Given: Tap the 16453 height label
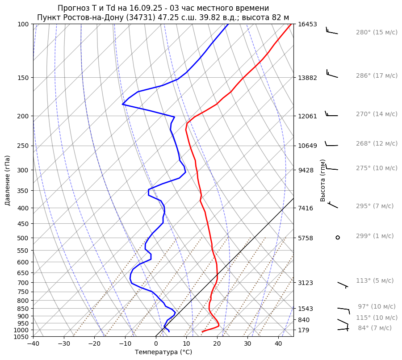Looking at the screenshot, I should (x=307, y=24).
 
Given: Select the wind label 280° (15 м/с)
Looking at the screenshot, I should (x=377, y=32).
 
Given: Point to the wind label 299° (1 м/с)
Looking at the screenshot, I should (x=375, y=236).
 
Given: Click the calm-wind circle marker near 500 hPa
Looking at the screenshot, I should (x=338, y=238).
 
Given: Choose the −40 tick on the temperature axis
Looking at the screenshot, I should (x=33, y=343).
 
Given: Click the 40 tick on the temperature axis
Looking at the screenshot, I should (x=278, y=343).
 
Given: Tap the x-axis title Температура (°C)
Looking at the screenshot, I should (x=163, y=352).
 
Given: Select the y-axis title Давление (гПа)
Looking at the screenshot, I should (x=8, y=180).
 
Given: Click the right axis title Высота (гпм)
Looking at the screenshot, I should (x=323, y=180).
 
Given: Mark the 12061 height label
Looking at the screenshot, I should (x=307, y=116).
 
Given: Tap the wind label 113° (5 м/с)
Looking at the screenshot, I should (x=375, y=280).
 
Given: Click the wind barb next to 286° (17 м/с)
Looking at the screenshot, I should (x=332, y=74).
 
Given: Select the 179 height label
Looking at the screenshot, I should (x=304, y=330).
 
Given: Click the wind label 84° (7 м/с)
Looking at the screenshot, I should (x=375, y=328).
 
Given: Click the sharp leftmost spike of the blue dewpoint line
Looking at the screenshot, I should (x=122, y=105).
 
